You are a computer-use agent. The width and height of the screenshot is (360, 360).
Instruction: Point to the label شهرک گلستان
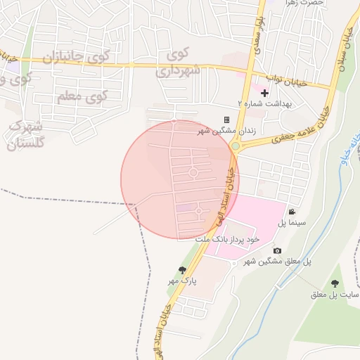[x=26, y=134]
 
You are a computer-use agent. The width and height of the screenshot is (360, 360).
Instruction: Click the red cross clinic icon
[x=264, y=93]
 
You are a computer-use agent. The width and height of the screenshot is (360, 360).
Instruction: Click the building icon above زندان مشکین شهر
[x=226, y=120]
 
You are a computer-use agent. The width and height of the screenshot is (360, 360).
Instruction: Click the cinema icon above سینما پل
[x=291, y=212]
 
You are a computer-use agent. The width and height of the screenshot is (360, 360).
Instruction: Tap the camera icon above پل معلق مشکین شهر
[x=277, y=251]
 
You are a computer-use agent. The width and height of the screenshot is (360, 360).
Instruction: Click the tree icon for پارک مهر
[x=184, y=270]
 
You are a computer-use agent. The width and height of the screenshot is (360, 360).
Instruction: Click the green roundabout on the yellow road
[x=236, y=146]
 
